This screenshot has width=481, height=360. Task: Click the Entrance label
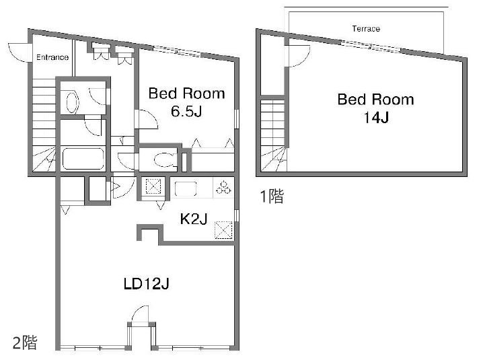52,57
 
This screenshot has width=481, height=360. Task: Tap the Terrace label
366,29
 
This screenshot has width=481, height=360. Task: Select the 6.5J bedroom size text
186,111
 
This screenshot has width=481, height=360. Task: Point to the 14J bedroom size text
376,118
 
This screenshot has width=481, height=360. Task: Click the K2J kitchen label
194,219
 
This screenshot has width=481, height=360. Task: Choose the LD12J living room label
147,284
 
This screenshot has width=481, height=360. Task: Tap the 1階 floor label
272,196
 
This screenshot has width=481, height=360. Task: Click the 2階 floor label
25,343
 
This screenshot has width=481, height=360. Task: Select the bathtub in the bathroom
83,159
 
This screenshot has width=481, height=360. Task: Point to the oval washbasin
73,102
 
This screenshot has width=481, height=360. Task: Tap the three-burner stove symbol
223,188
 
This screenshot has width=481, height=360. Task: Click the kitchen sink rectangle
186,188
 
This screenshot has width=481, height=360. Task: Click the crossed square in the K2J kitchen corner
223,230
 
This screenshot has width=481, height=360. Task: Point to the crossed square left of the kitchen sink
153,186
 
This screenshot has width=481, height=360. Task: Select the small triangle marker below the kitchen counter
160,205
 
